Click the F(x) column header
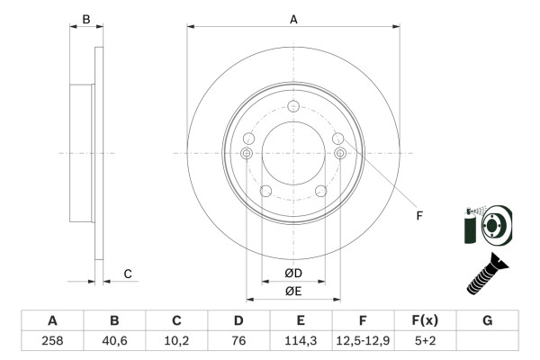point(425,320)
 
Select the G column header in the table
point(487,320)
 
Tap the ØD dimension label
point(293,274)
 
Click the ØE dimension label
point(293,291)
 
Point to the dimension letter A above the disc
point(293,19)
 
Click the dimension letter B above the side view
point(86,19)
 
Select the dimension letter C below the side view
point(128,274)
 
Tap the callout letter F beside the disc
point(419,215)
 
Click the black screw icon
point(487,274)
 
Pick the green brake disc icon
point(487,225)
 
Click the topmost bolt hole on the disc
point(293,109)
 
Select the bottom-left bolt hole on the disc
point(265,191)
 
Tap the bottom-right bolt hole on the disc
point(320,190)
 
